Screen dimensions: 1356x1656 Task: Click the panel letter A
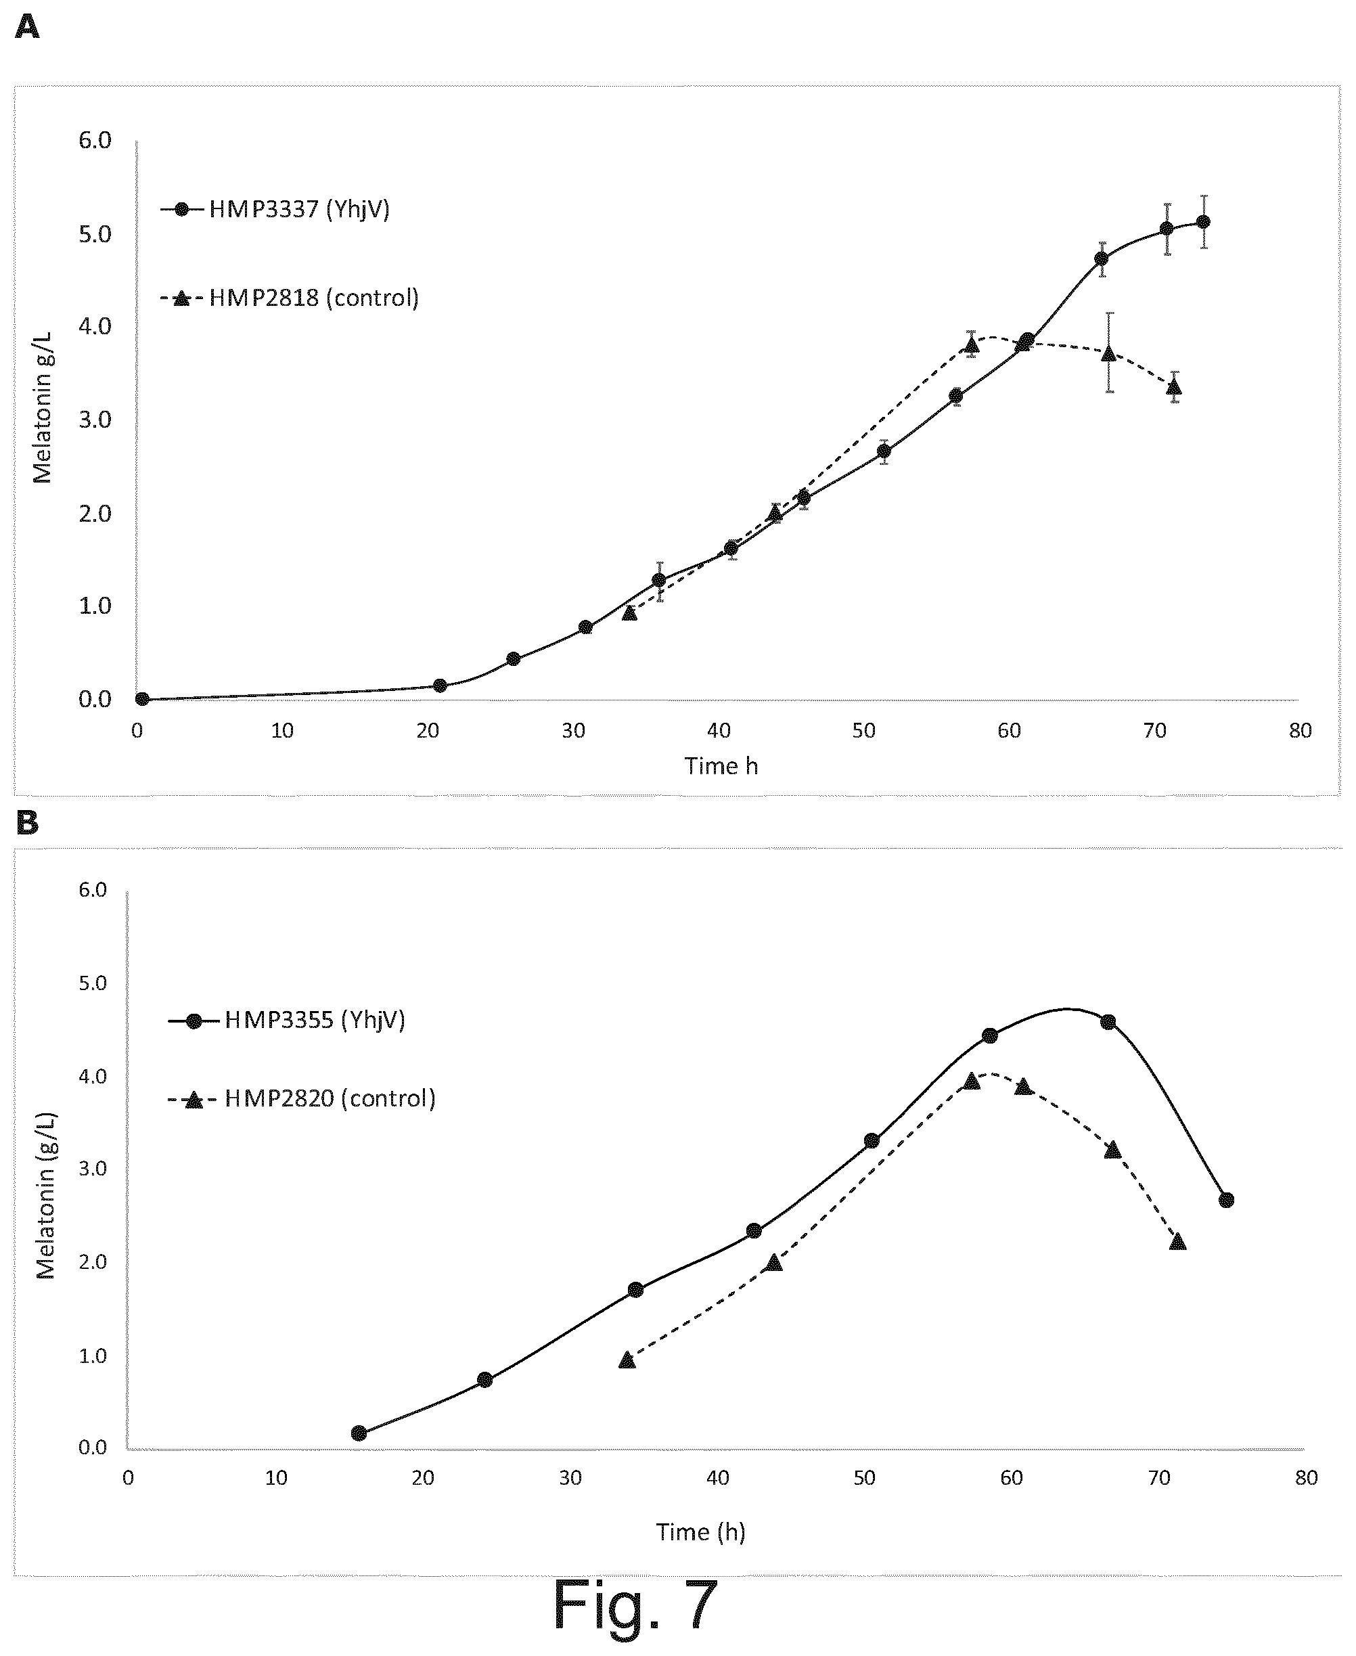[26, 28]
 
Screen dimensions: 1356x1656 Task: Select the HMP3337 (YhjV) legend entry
[275, 209]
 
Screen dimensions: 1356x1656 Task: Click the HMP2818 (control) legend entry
[290, 298]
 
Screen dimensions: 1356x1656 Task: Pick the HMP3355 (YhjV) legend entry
[287, 1020]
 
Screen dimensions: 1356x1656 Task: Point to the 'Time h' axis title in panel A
[721, 765]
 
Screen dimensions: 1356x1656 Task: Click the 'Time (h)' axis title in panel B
[700, 1531]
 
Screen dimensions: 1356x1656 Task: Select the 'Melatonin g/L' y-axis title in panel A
[42, 406]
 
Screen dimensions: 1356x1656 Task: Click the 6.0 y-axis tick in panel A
[95, 141]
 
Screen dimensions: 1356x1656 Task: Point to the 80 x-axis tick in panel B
[1306, 1478]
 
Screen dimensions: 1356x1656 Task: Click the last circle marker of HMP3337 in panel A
[1203, 222]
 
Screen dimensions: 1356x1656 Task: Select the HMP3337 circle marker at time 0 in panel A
[142, 699]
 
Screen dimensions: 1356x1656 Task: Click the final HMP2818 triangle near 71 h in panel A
[1173, 386]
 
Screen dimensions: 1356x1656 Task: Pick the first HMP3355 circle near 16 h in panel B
[359, 1433]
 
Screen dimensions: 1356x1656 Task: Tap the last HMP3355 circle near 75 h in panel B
[1226, 1200]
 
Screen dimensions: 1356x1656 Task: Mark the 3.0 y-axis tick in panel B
[93, 1169]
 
